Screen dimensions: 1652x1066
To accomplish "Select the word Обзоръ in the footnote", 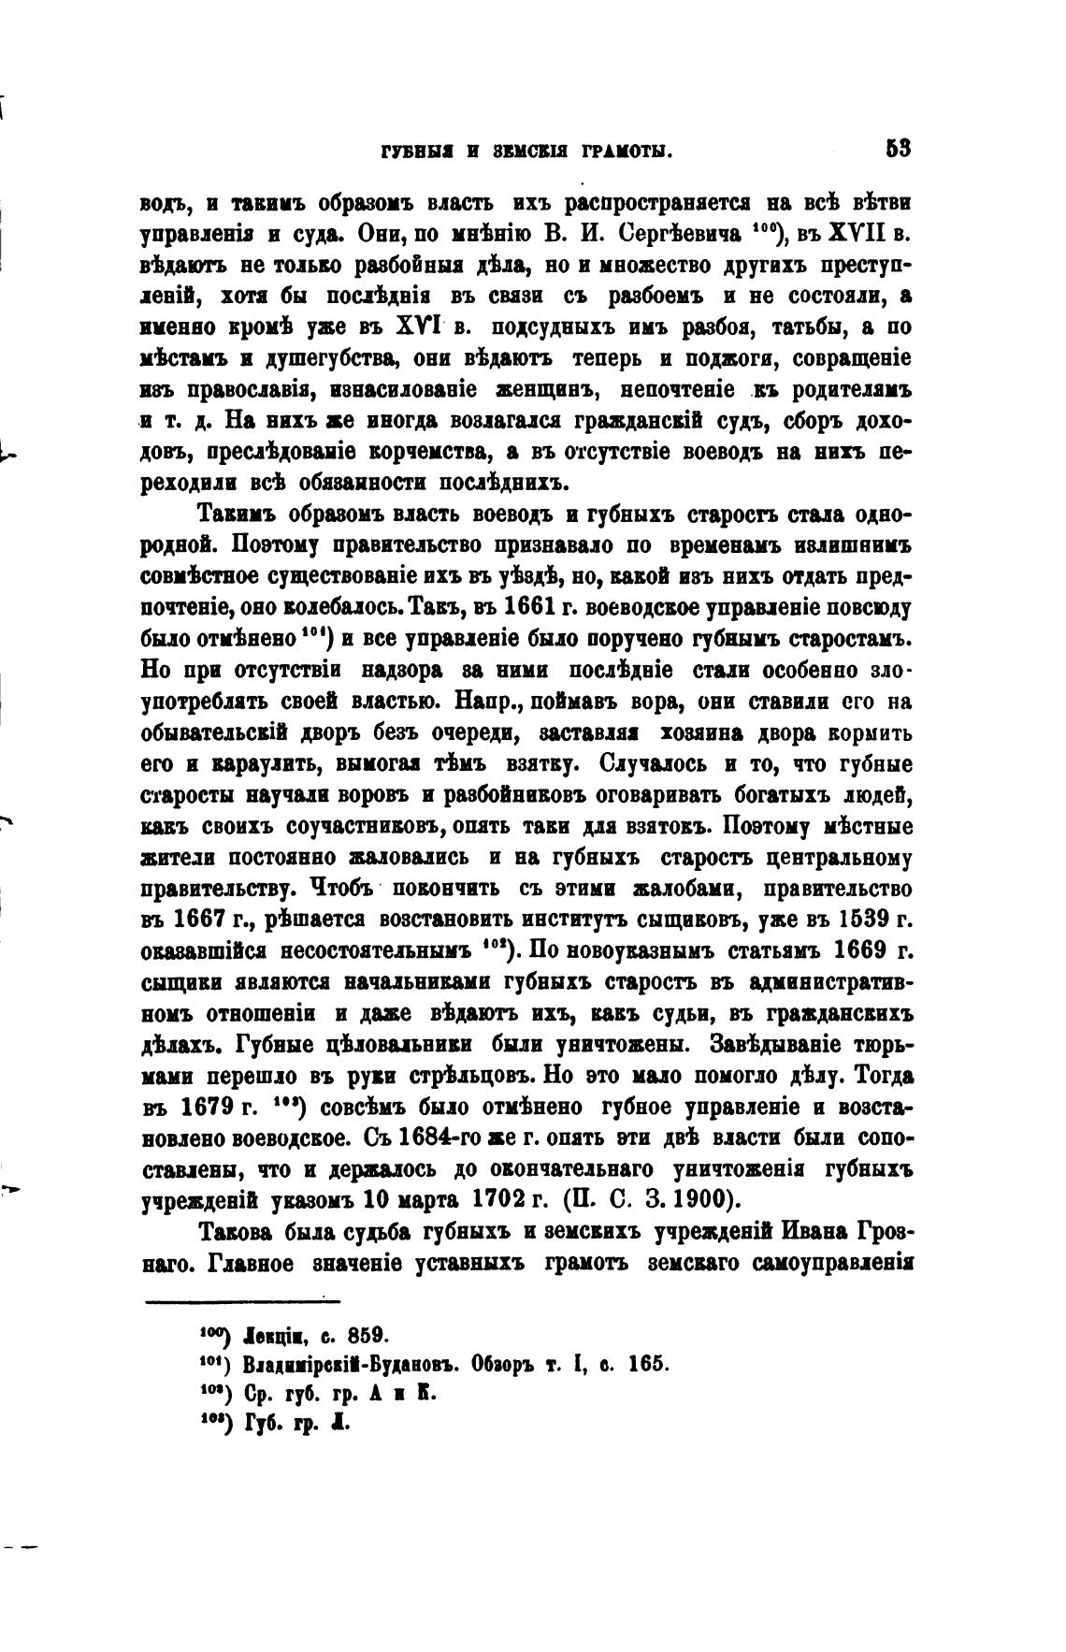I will (508, 1363).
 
